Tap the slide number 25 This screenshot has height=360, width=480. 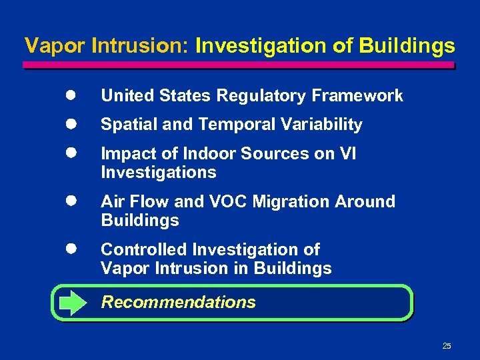(x=447, y=345)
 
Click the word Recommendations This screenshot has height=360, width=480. (x=178, y=302)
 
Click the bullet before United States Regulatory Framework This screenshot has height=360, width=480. (x=69, y=95)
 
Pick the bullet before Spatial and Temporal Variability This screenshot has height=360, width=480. (x=69, y=124)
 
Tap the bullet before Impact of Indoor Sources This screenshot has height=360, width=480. (x=69, y=153)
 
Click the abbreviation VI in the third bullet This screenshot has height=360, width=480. (x=347, y=153)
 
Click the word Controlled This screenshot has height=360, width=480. (x=143, y=249)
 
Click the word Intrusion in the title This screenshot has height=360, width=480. (x=141, y=46)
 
